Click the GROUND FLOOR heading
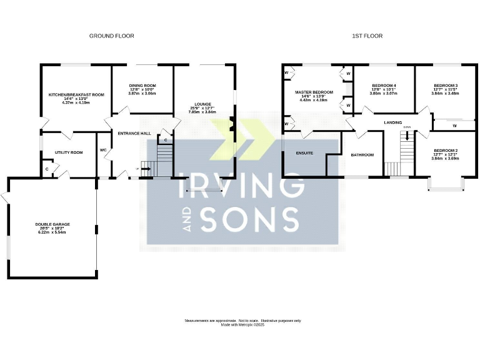(x=112, y=36)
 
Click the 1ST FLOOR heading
(x=367, y=36)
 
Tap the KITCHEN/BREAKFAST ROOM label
(x=76, y=94)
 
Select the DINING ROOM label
(x=142, y=86)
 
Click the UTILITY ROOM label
(x=69, y=152)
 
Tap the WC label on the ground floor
(x=104, y=151)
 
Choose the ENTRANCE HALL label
(x=134, y=133)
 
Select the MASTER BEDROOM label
(x=314, y=92)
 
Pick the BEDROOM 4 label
(x=384, y=86)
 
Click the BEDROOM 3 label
(x=445, y=86)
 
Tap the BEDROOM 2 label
(x=445, y=151)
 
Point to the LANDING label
(x=392, y=122)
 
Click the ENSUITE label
(x=304, y=152)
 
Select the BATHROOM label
(x=362, y=155)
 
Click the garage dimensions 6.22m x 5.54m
(x=52, y=232)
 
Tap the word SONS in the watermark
(x=249, y=219)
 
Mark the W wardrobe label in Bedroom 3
(x=454, y=126)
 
